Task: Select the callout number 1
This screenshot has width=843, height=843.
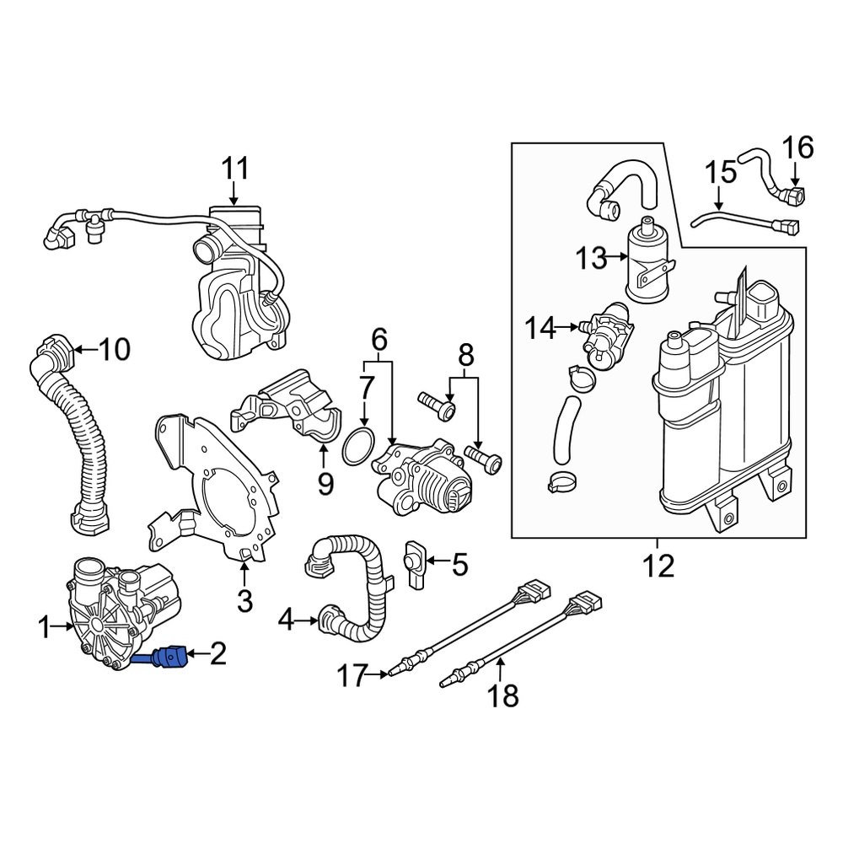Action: pos(44,626)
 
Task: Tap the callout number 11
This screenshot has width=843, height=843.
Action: pos(236,169)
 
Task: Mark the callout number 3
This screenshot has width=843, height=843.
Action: pos(244,601)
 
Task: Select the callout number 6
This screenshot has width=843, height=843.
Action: pos(379,340)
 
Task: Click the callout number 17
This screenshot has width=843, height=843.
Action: pos(355,674)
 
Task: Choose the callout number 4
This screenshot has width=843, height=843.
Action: pos(286,622)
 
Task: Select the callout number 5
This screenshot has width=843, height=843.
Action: pos(459,564)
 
